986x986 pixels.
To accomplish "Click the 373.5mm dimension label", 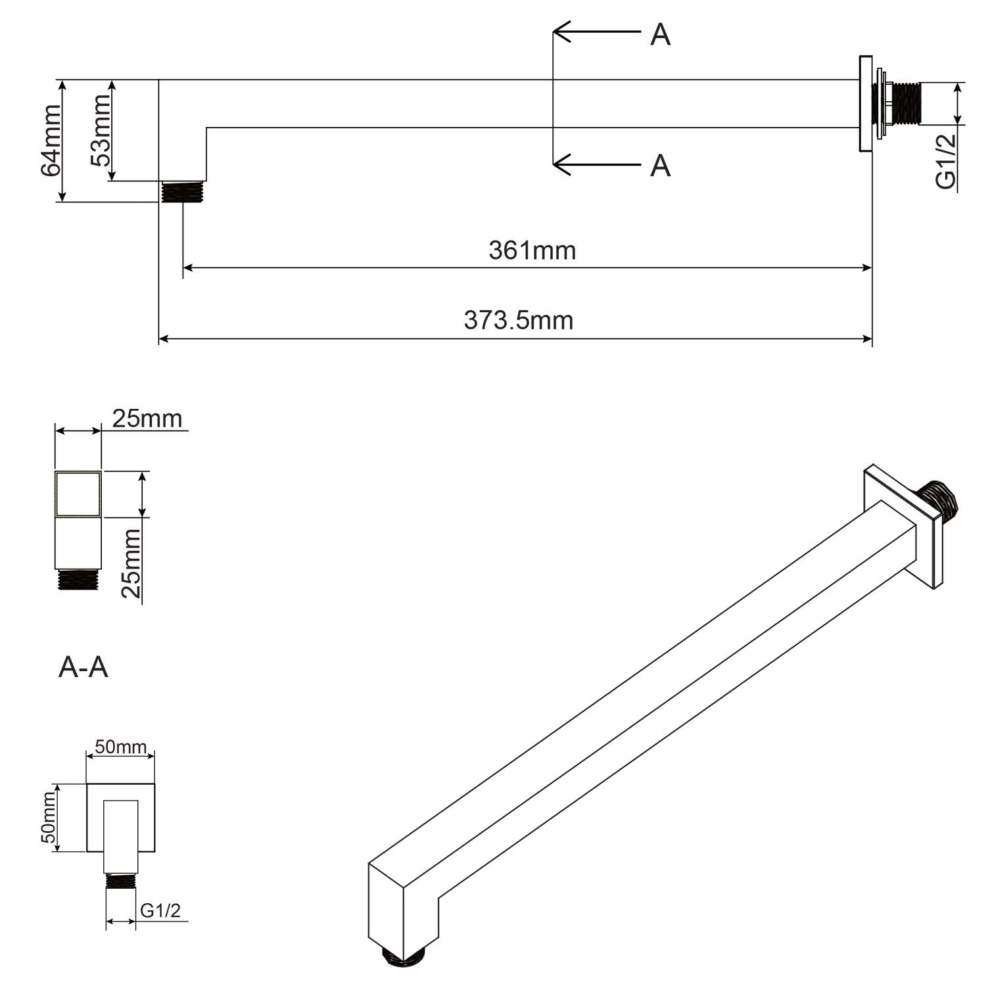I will pos(519,321).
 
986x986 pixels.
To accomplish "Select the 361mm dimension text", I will pos(532,250).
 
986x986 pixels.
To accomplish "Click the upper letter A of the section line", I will pos(660,35).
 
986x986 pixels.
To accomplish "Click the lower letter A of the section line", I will pos(660,166).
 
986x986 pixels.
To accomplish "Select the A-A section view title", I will pos(83,667).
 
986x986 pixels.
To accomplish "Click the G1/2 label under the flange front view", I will pos(160,911).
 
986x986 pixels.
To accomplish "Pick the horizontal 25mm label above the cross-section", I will pos(146,418).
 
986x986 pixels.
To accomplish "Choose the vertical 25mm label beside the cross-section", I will pos(132,563).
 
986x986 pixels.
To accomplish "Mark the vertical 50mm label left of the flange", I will pos(47,818).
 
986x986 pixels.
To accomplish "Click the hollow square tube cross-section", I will pos(78,494).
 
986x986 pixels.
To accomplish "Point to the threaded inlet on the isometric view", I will pos(940,500).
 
